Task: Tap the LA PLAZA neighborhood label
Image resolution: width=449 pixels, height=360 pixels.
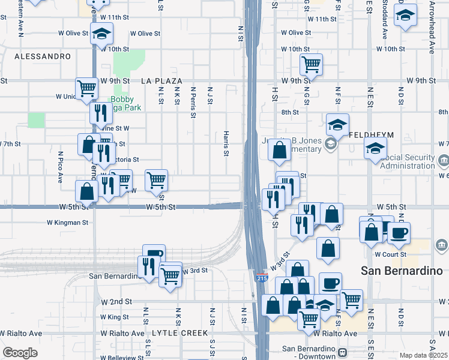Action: click(x=161, y=80)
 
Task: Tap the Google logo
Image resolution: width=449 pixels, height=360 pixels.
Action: click(x=20, y=353)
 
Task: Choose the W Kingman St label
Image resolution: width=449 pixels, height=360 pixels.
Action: click(x=68, y=223)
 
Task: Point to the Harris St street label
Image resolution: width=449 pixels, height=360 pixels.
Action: click(x=226, y=144)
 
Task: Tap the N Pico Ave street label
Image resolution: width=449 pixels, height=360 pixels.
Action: click(x=61, y=167)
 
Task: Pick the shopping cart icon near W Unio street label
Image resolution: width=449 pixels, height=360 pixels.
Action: click(x=87, y=88)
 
